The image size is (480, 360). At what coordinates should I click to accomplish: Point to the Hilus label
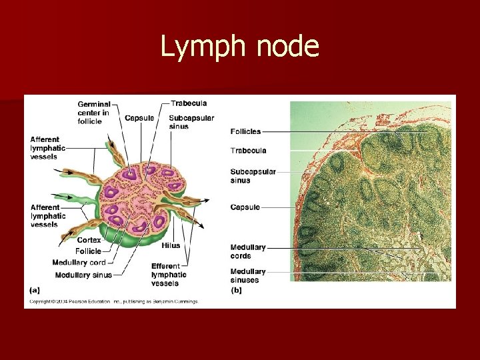170,245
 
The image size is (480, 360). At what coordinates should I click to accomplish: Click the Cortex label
89,240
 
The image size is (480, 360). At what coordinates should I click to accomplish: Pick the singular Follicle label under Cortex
89,251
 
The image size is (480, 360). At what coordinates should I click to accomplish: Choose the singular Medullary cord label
79,263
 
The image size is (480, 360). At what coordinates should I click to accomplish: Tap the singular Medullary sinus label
83,275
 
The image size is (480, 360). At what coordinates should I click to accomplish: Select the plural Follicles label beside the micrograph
246,131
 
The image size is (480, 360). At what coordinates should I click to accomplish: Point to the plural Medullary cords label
247,251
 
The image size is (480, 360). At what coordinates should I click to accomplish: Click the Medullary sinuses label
247,275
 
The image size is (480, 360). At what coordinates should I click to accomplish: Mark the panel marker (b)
236,290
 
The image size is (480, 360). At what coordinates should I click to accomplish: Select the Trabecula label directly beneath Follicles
248,151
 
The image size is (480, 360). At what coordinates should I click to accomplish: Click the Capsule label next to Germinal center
139,118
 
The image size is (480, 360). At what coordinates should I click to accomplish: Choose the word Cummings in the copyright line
183,301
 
